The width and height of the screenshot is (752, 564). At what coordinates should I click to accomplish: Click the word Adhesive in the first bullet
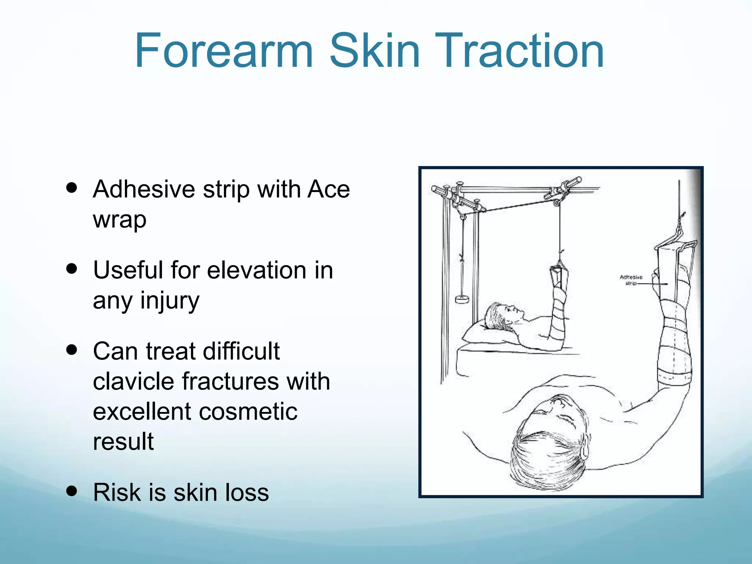[x=144, y=189]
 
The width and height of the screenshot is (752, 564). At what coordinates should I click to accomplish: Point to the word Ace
[x=329, y=189]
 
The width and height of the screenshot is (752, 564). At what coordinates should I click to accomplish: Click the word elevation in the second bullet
[x=257, y=270]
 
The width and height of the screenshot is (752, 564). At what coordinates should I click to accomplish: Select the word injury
[x=170, y=301]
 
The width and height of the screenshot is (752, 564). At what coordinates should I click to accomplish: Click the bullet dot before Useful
[x=72, y=268]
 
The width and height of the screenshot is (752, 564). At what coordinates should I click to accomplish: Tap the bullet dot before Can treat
[x=72, y=350]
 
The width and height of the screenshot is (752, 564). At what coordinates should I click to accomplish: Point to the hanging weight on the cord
[x=462, y=299]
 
